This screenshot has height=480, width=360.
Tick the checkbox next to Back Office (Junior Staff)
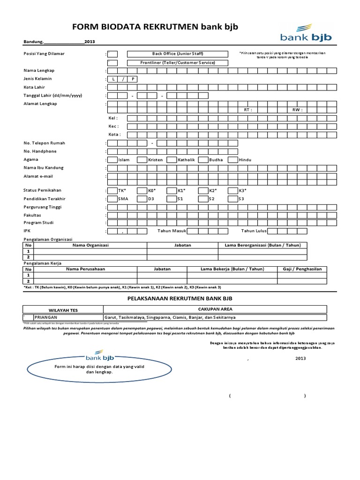click(x=113, y=54)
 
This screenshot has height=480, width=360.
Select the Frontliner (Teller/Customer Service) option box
click(x=113, y=63)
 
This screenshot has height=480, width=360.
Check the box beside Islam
click(x=113, y=160)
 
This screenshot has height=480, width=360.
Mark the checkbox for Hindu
click(x=233, y=160)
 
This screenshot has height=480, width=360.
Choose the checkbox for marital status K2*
click(x=203, y=191)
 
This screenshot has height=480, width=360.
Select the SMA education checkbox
click(x=113, y=199)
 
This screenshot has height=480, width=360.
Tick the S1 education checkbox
click(x=172, y=199)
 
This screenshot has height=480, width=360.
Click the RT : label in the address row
click(x=248, y=110)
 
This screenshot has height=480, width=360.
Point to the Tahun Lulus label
click(x=254, y=231)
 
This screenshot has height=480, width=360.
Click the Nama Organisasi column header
click(x=90, y=245)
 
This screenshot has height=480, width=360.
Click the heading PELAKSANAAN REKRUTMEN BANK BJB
click(x=180, y=298)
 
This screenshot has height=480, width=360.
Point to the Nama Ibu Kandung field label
click(x=44, y=168)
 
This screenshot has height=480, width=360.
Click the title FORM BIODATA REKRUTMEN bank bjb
click(x=155, y=27)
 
